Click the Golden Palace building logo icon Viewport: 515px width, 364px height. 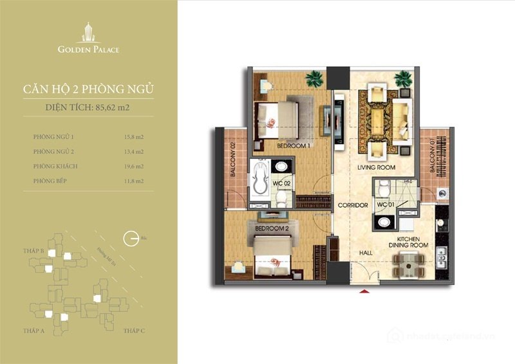point(88,32)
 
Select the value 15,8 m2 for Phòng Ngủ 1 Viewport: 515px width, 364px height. point(134,136)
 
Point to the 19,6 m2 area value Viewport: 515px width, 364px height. point(134,167)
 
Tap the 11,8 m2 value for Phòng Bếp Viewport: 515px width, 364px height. point(134,181)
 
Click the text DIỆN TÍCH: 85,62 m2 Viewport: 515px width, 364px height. point(88,107)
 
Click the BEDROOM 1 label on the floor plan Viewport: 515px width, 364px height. point(293,146)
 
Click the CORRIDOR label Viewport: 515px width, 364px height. point(352,205)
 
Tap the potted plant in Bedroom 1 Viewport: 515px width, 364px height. point(314,80)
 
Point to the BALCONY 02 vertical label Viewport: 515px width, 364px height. point(233,164)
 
